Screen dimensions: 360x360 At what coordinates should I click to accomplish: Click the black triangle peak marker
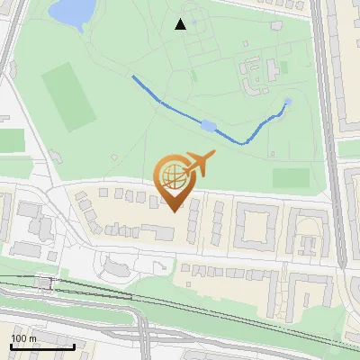[181, 24]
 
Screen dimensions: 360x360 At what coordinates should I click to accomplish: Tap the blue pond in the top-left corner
[72, 12]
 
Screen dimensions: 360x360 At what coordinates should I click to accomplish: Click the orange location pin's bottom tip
[174, 211]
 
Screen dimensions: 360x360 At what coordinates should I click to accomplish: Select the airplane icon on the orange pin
[199, 165]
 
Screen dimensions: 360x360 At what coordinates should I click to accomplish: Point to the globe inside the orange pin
[172, 175]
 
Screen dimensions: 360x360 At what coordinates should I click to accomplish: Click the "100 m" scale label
[24, 338]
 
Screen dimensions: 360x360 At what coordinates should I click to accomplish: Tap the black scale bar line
[42, 346]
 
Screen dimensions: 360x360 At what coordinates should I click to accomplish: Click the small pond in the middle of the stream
[209, 125]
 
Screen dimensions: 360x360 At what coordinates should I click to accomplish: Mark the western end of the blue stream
[134, 77]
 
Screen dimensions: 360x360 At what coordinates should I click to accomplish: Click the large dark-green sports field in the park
[67, 96]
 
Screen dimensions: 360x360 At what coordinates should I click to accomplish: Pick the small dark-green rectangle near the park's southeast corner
[290, 177]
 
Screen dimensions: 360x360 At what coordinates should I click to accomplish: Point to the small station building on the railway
[45, 283]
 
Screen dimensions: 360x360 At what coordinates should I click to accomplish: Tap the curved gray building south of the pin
[121, 266]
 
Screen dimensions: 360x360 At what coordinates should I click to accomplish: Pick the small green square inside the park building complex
[283, 67]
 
